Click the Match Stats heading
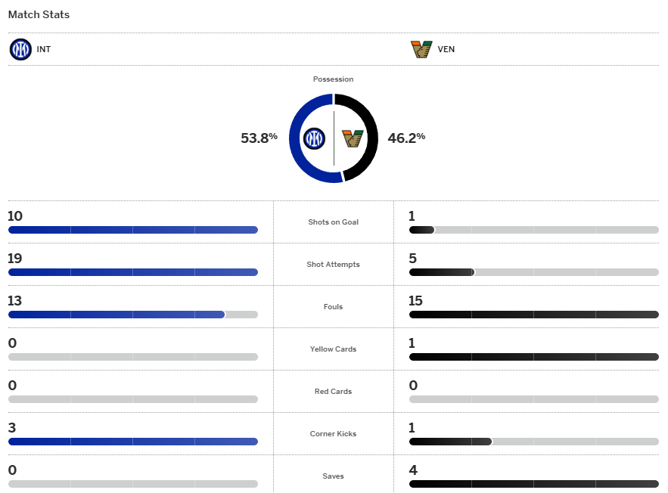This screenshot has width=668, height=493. [x=39, y=15]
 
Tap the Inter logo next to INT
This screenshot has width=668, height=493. [x=20, y=50]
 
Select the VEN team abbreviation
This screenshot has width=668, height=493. [x=446, y=50]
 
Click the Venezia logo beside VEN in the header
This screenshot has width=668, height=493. [x=421, y=50]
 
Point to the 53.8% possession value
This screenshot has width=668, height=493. [x=259, y=138]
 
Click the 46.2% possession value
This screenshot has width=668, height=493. [x=406, y=138]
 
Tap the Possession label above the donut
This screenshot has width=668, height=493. [x=333, y=79]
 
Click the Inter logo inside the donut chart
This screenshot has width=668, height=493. [x=314, y=138]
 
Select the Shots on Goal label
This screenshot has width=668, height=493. [x=333, y=222]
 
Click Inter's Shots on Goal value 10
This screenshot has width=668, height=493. [x=15, y=216]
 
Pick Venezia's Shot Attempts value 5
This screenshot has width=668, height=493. [x=413, y=259]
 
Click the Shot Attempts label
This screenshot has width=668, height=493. [x=333, y=265]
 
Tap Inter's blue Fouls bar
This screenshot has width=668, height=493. [x=117, y=315]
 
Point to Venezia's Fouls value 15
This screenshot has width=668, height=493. [x=415, y=301]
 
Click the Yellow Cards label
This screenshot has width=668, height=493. [x=333, y=349]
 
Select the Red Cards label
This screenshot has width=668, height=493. [x=333, y=392]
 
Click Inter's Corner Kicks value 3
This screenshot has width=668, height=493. [x=12, y=428]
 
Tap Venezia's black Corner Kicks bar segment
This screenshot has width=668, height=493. [x=450, y=442]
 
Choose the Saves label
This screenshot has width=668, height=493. [x=333, y=476]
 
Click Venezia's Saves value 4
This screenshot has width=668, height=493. [x=413, y=470]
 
